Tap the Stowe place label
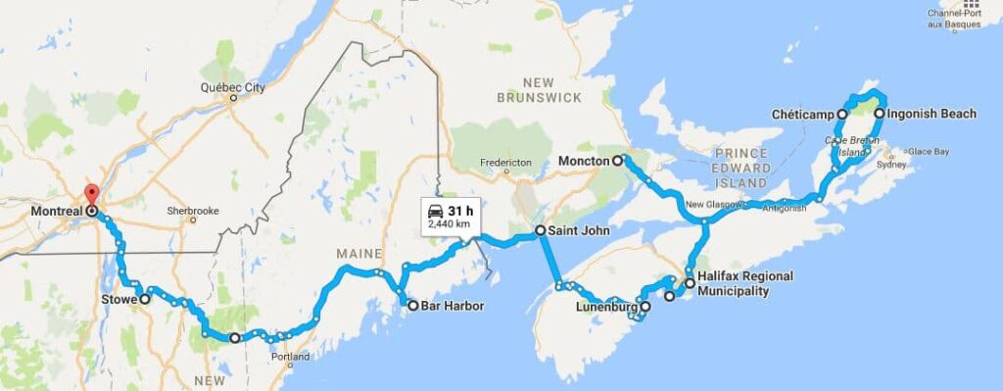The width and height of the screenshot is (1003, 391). [119, 299]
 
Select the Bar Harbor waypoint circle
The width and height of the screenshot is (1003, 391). [412, 306]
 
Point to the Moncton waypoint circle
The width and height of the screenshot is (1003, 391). [618, 160]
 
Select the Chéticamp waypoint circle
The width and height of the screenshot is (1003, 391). [842, 115]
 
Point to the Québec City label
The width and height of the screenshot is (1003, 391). [233, 87]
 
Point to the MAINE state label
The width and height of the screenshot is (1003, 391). [358, 254]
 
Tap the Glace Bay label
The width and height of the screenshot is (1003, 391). [928, 151]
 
